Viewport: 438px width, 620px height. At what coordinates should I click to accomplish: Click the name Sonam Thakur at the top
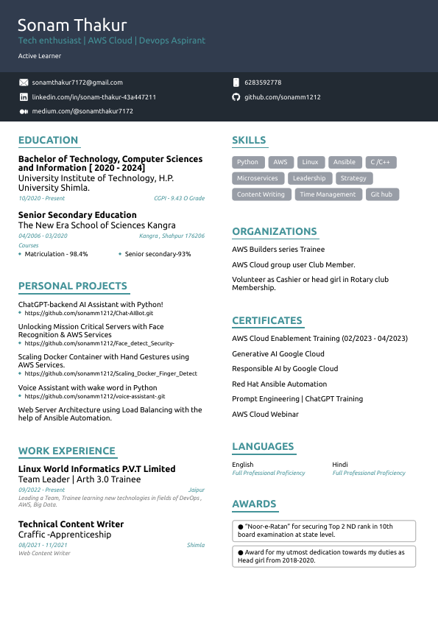pyautogui.click(x=72, y=26)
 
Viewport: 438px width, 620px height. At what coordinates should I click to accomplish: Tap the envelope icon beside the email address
pyautogui.click(x=24, y=82)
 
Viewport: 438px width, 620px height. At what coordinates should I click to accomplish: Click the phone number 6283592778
pyautogui.click(x=263, y=82)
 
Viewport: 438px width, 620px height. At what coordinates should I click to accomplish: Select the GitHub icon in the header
pyautogui.click(x=236, y=97)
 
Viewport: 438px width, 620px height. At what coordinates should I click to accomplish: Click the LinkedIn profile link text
pyautogui.click(x=94, y=97)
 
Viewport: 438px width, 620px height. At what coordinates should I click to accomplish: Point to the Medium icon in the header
pyautogui.click(x=24, y=111)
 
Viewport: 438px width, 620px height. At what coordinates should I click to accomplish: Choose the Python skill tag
pyautogui.click(x=248, y=162)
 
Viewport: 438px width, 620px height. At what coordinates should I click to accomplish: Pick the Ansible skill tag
pyautogui.click(x=344, y=162)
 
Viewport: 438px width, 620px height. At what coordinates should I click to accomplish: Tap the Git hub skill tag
pyautogui.click(x=381, y=194)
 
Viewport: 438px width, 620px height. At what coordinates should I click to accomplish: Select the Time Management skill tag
pyautogui.click(x=328, y=194)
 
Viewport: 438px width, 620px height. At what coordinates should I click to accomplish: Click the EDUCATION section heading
pyautogui.click(x=48, y=140)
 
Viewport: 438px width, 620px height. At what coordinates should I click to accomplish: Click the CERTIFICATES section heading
pyautogui.click(x=267, y=320)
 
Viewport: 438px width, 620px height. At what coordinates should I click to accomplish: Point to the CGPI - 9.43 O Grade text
pyautogui.click(x=179, y=198)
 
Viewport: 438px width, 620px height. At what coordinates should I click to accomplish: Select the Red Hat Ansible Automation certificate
pyautogui.click(x=279, y=384)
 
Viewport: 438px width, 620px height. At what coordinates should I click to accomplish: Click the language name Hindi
pyautogui.click(x=340, y=465)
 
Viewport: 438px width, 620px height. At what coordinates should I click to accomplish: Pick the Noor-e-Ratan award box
pyautogui.click(x=324, y=530)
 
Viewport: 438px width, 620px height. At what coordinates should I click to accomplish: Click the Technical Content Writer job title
pyautogui.click(x=71, y=524)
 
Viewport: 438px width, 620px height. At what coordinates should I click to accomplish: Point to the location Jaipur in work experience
pyautogui.click(x=197, y=490)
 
